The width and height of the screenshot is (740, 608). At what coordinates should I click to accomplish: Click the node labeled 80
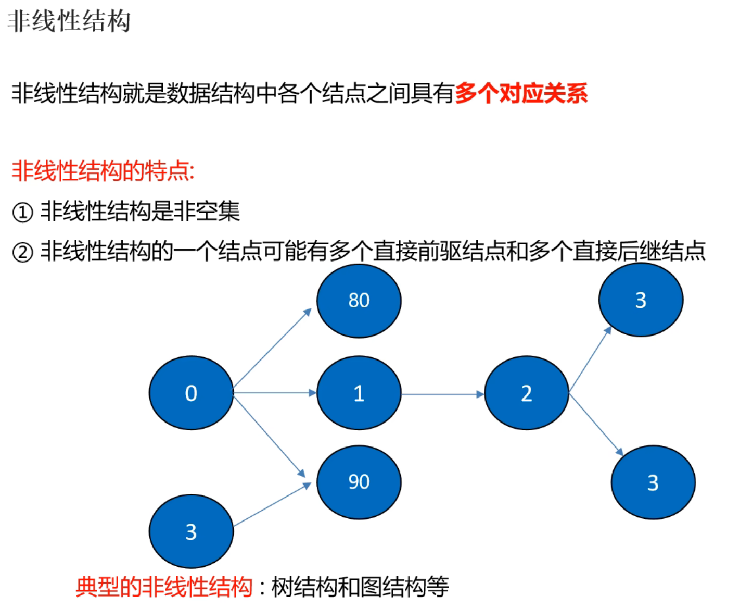pyautogui.click(x=359, y=301)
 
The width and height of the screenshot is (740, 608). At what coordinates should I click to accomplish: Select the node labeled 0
pyautogui.click(x=191, y=393)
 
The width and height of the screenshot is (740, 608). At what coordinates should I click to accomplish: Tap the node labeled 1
pyautogui.click(x=359, y=393)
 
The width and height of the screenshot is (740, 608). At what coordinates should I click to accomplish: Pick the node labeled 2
pyautogui.click(x=526, y=393)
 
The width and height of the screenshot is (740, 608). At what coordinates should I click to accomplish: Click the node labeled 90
pyautogui.click(x=359, y=482)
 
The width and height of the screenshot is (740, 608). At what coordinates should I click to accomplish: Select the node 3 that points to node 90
pyautogui.click(x=191, y=531)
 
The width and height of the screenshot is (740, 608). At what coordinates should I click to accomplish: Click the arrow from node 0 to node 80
pyautogui.click(x=272, y=348)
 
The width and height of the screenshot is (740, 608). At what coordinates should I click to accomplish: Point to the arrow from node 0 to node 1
pyautogui.click(x=275, y=392)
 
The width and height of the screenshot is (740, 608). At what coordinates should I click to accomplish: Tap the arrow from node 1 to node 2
pyautogui.click(x=442, y=394)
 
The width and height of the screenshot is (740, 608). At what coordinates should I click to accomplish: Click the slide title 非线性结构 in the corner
pyautogui.click(x=69, y=21)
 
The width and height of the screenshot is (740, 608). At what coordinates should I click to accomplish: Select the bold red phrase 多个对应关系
pyautogui.click(x=521, y=94)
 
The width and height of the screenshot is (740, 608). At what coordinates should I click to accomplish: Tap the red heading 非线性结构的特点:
pyautogui.click(x=103, y=171)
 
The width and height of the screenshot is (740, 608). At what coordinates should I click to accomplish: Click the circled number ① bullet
pyautogui.click(x=22, y=212)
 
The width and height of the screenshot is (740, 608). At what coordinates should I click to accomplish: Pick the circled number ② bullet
pyautogui.click(x=22, y=252)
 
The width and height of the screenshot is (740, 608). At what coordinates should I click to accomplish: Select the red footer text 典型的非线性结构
pyautogui.click(x=164, y=587)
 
